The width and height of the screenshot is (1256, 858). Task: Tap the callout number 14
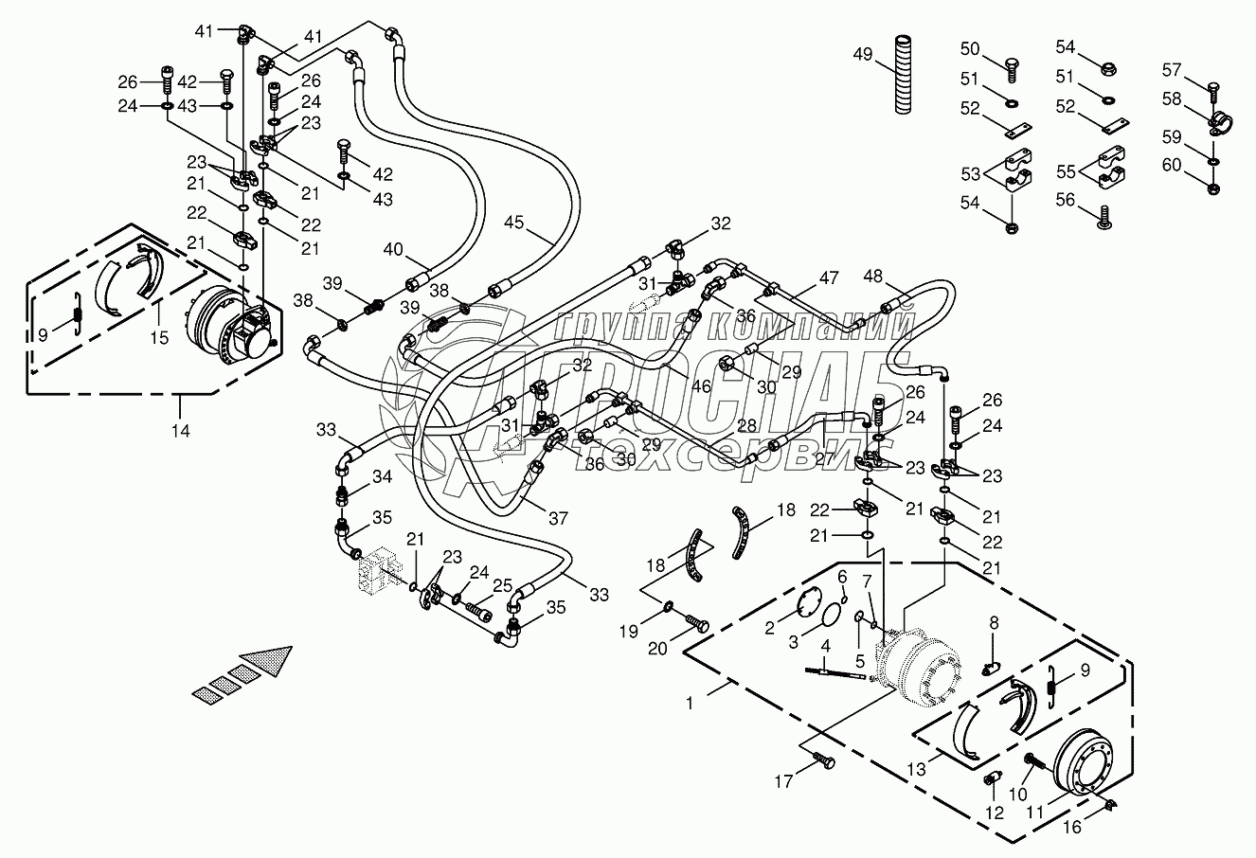point(180,431)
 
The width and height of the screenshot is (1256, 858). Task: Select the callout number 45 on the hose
point(513,223)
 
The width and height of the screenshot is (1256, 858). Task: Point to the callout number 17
point(782,782)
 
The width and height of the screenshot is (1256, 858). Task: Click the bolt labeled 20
point(698,626)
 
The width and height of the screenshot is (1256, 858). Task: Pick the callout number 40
point(393,250)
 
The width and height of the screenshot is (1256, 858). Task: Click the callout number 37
point(558,517)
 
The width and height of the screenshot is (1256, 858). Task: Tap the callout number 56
point(1067,200)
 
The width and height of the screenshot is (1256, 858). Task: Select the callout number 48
point(873,276)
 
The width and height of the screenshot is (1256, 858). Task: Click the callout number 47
point(829,278)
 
